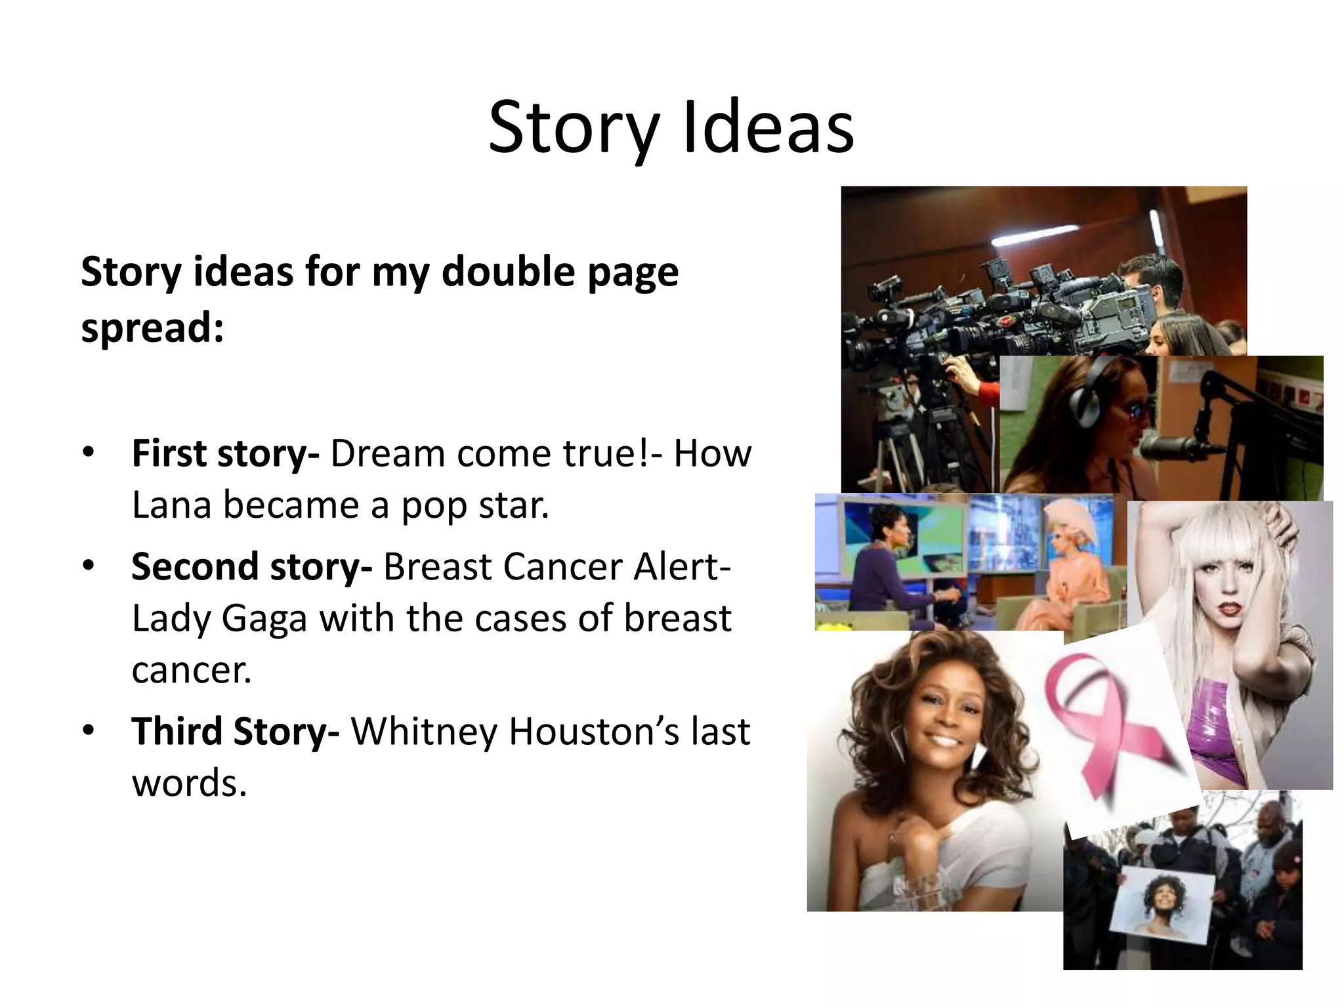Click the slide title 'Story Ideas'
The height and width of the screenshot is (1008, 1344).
671,128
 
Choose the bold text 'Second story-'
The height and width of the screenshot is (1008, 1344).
251,567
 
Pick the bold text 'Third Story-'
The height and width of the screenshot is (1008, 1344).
235,732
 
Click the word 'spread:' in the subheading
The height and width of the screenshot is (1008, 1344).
152,327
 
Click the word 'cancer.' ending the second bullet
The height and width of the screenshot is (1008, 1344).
192,671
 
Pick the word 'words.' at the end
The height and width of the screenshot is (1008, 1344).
189,784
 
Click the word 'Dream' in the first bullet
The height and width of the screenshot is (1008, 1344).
388,453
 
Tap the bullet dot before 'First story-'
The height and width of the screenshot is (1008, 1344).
89,452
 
